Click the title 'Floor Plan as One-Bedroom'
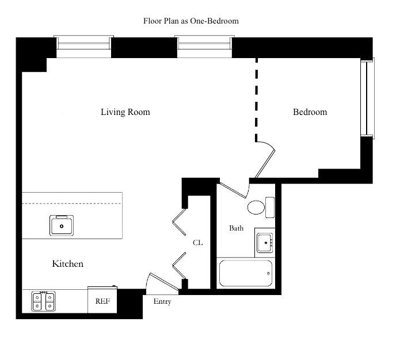(191, 21)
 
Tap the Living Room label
(125, 112)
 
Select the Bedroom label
(310, 112)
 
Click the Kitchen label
(68, 264)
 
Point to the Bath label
(236, 228)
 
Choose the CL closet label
(197, 243)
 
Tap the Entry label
(162, 301)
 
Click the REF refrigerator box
(102, 300)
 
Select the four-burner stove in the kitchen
(44, 301)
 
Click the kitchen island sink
(61, 225)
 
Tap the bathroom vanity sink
(265, 242)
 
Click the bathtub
(245, 273)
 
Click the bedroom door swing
(266, 159)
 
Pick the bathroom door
(233, 190)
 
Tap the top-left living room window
(83, 47)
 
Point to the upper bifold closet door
(179, 221)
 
